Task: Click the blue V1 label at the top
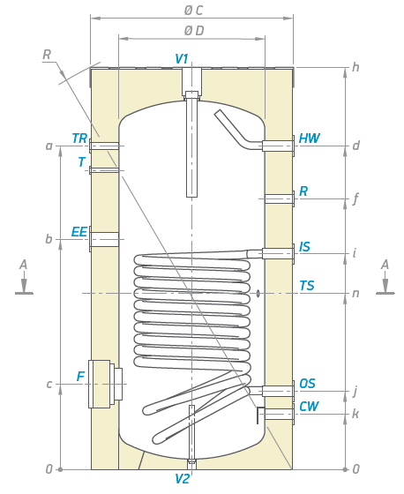pos(182,58)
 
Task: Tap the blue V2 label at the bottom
pos(182,479)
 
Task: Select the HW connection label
pos(309,138)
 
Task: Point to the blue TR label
pos(79,138)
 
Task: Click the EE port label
pos(79,232)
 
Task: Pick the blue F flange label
pos(81,376)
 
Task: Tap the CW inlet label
pos(309,407)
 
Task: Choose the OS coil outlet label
pos(307,384)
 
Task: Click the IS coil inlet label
pos(304,247)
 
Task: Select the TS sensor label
pos(307,286)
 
